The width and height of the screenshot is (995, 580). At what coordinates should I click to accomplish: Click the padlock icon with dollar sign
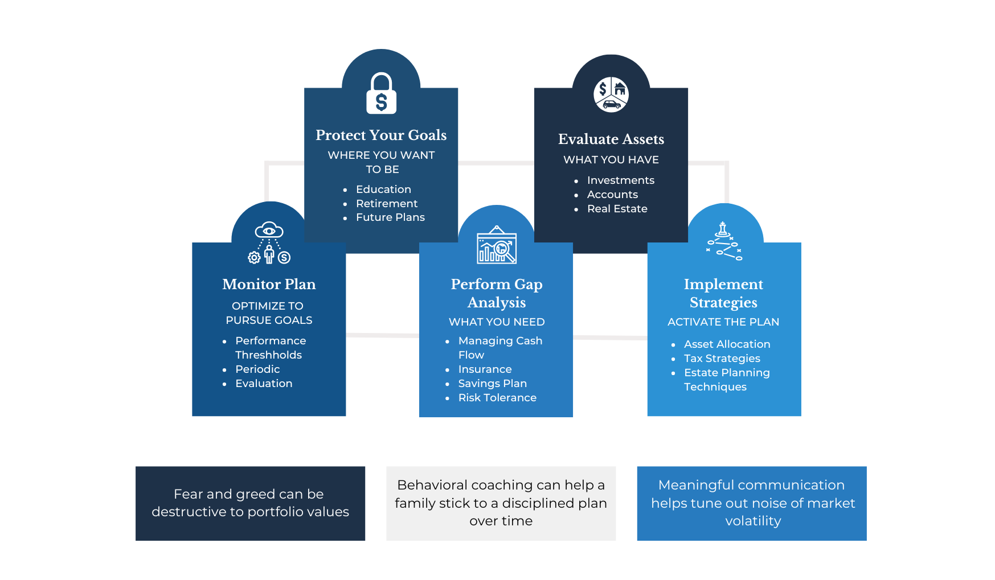point(381,93)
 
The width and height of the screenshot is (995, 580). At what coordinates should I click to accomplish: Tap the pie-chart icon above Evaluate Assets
point(611,94)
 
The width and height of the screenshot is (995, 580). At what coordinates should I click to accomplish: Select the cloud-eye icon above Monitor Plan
point(269,242)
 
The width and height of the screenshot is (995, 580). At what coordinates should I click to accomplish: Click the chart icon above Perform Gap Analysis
point(497,245)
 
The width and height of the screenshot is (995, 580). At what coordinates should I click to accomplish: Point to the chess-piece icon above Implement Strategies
point(724,241)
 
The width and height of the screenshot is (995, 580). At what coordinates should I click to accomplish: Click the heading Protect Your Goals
point(381,135)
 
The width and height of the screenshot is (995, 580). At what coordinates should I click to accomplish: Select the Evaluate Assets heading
point(611,139)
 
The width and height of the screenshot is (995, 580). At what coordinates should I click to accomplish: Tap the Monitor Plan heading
point(269,284)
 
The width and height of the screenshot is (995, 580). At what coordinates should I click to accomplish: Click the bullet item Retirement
point(387,203)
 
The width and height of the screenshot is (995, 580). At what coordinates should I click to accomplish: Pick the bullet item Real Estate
point(617,209)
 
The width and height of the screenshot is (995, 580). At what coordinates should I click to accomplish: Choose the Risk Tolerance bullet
point(497,398)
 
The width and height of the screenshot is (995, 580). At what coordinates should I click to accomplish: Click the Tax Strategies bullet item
point(722,359)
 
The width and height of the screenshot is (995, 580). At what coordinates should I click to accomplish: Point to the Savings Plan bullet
point(493,384)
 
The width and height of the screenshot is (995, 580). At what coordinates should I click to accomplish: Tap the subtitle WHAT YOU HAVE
point(611,160)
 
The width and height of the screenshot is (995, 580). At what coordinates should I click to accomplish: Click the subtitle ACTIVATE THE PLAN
point(723,322)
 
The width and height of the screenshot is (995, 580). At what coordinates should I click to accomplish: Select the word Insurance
point(485,369)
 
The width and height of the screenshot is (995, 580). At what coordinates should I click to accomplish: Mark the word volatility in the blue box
point(753,521)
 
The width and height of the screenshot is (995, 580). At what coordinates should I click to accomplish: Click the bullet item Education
point(383,190)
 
